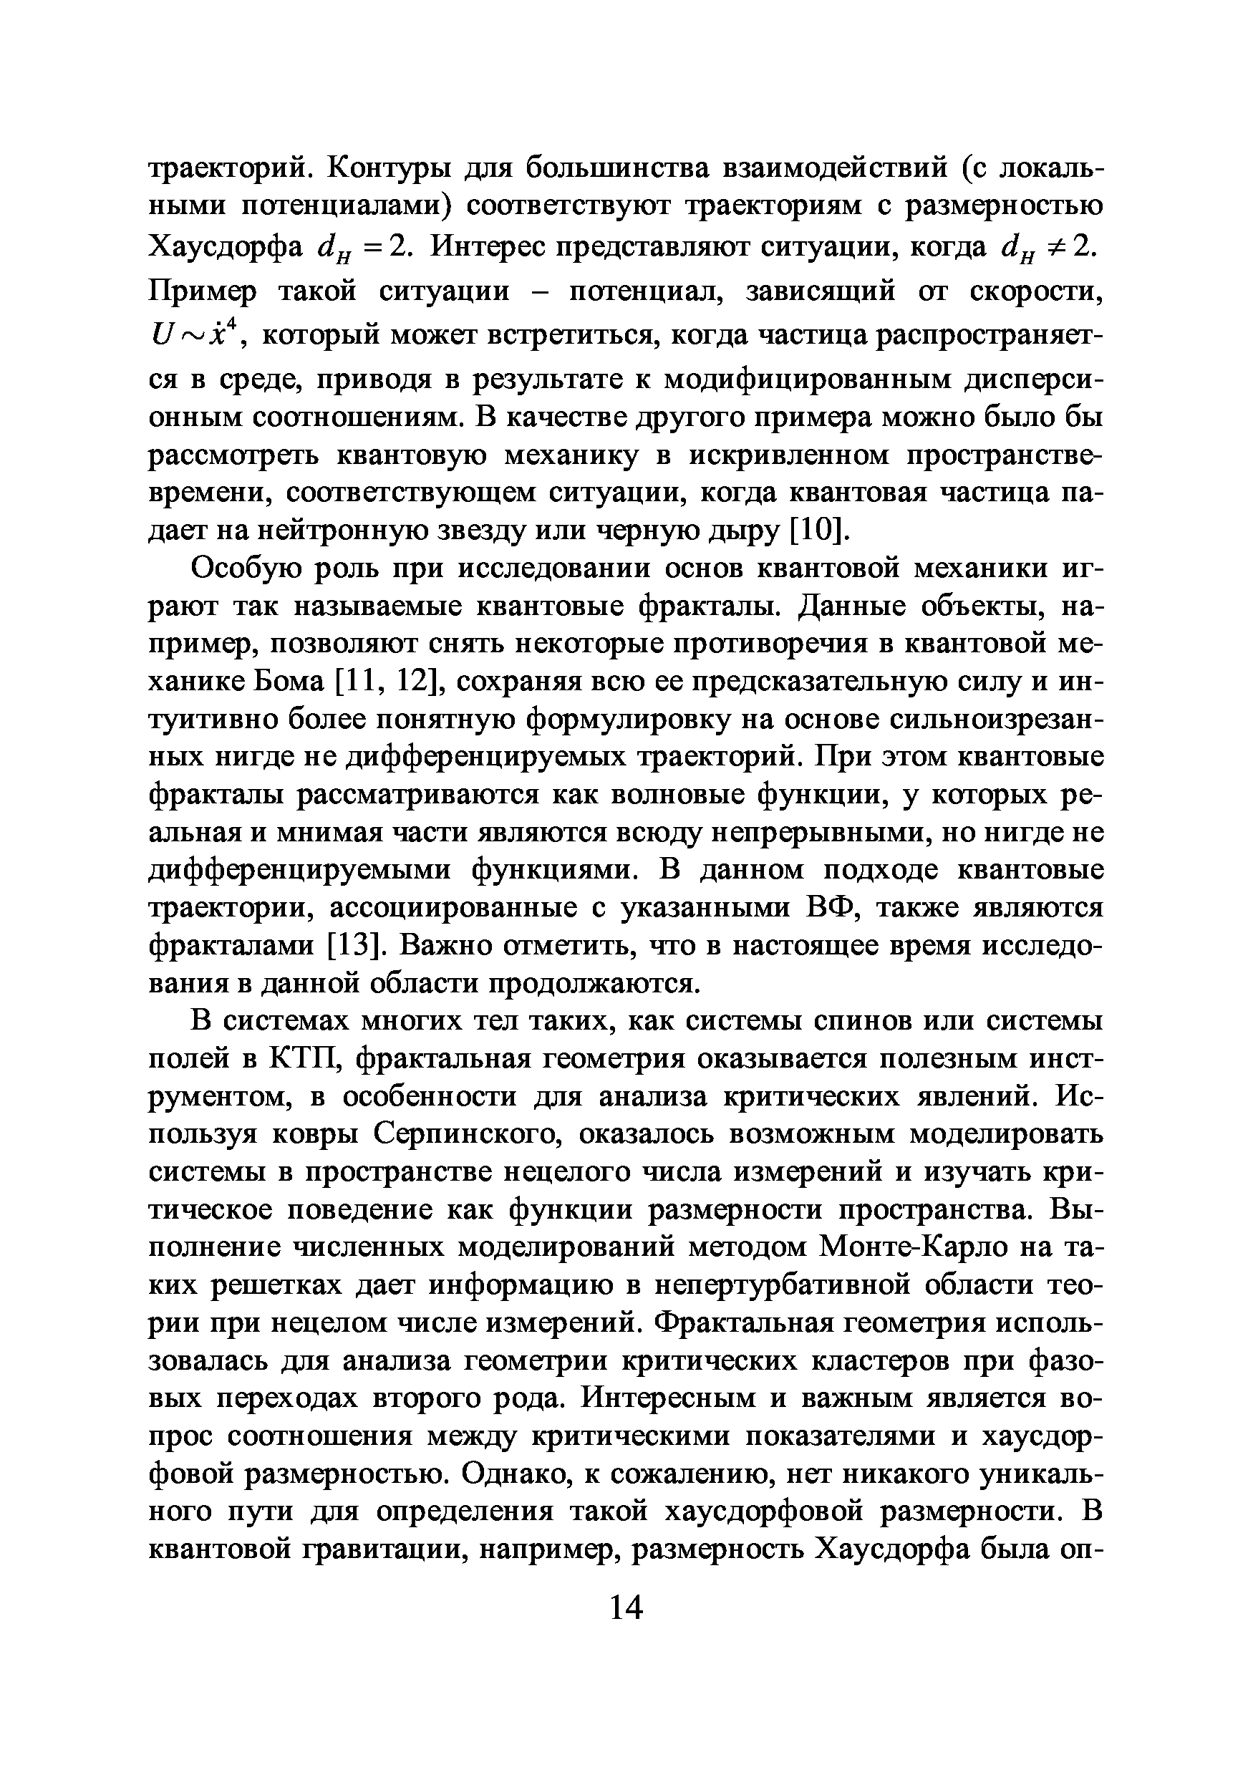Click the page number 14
pyautogui.click(x=626, y=1608)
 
